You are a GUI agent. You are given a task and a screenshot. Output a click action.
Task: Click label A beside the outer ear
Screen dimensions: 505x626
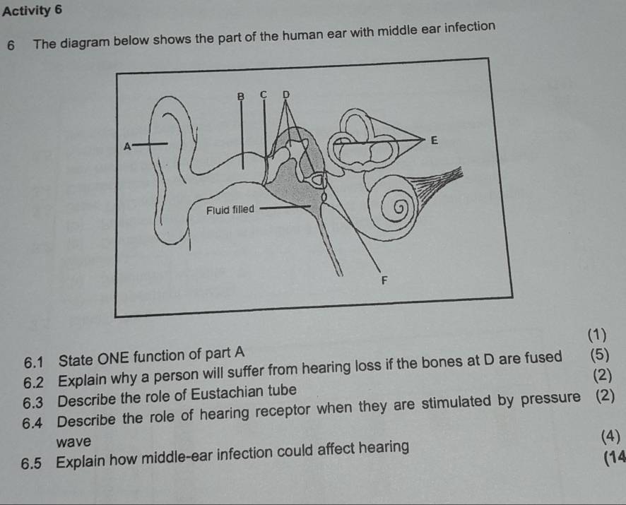[x=127, y=146]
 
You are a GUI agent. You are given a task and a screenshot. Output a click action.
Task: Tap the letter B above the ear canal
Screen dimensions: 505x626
[x=240, y=95]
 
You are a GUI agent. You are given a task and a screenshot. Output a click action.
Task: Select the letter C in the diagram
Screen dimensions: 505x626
[x=263, y=94]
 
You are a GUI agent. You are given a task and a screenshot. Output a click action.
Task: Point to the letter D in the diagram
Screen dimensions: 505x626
[x=285, y=94]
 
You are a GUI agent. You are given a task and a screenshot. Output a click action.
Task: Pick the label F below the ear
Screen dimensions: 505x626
[x=384, y=280]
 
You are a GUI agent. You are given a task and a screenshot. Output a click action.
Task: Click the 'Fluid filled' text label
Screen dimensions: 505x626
[x=230, y=210]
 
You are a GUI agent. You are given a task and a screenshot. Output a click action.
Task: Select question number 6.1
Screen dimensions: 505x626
[x=36, y=363]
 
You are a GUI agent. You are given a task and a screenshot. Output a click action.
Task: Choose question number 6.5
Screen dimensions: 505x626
[x=35, y=463]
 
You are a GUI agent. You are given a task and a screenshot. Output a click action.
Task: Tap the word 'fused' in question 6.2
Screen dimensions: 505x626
[x=546, y=357]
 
